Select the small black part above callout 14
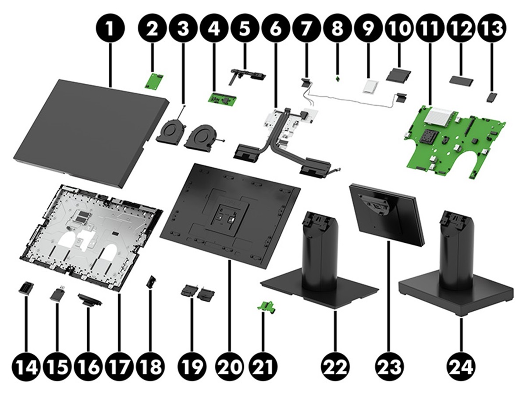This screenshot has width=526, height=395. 25,288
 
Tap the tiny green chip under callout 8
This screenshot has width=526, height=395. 337,79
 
